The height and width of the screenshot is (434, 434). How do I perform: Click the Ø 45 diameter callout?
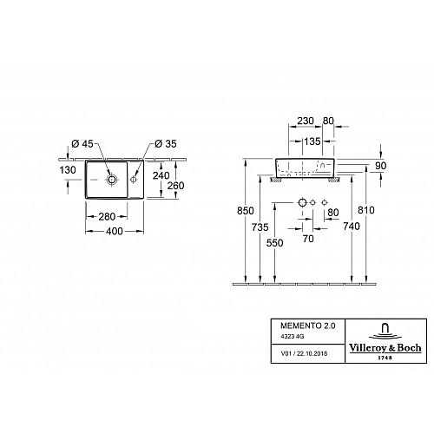(x=82, y=143)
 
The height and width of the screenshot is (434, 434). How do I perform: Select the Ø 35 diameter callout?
(x=166, y=143)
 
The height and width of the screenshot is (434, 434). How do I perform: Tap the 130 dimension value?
(x=68, y=170)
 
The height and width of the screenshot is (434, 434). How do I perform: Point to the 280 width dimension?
(x=107, y=216)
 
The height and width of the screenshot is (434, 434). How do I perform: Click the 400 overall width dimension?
(x=115, y=231)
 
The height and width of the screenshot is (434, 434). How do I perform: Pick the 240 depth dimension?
(x=161, y=175)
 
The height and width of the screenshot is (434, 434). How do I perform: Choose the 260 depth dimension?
(x=175, y=186)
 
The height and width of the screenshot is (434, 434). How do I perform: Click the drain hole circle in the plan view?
(x=112, y=180)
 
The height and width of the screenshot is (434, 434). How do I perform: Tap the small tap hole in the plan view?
(x=134, y=180)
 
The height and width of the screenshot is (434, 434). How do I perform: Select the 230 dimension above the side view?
(x=306, y=121)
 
